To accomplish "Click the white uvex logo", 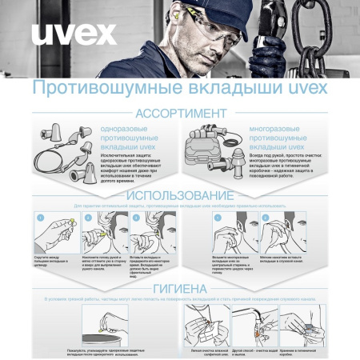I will click(73, 34).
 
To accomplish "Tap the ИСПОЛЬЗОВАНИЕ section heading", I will click(179, 196).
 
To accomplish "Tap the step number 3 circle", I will click(136, 217).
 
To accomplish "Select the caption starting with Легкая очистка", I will click(210, 350).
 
